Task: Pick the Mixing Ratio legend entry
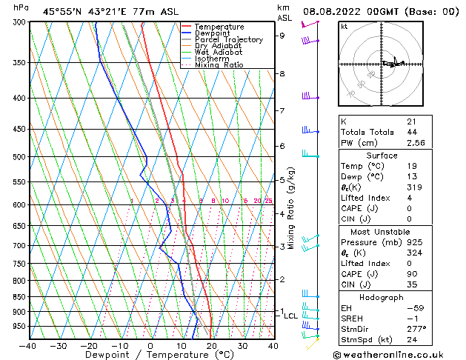220,65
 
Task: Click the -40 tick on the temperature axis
28,346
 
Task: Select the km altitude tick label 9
282,35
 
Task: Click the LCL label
291,316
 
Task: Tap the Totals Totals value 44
411,132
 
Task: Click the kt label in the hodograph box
344,27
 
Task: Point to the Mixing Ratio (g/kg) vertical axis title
292,208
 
